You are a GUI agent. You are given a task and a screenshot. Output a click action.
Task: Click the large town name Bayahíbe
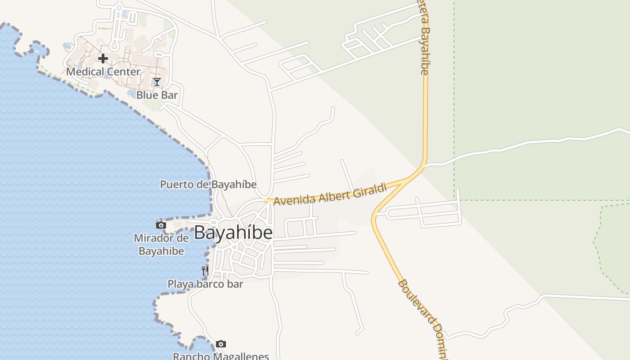pyautogui.click(x=233, y=233)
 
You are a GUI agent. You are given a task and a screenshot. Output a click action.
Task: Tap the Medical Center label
pyautogui.click(x=103, y=72)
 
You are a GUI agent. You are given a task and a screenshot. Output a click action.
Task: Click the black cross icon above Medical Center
pyautogui.click(x=103, y=58)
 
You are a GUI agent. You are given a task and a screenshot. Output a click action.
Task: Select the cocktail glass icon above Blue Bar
pyautogui.click(x=157, y=81)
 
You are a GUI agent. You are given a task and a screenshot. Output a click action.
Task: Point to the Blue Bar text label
pyautogui.click(x=157, y=95)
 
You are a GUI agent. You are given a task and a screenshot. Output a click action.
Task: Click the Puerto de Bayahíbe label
pyautogui.click(x=208, y=184)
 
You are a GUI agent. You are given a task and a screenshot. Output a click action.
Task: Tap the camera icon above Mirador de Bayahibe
pyautogui.click(x=161, y=225)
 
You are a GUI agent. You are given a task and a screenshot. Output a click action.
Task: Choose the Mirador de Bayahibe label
pyautogui.click(x=161, y=244)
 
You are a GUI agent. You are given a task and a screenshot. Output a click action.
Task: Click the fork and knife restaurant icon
pyautogui.click(x=205, y=270)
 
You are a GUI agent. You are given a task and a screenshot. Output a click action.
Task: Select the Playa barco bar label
pyautogui.click(x=205, y=284)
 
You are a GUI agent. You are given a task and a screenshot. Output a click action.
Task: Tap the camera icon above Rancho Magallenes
pyautogui.click(x=220, y=344)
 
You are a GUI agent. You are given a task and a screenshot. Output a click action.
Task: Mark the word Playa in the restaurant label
pyautogui.click(x=179, y=284)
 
